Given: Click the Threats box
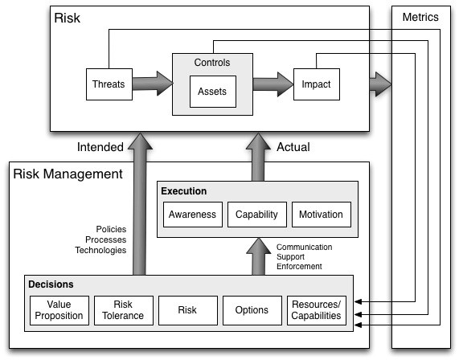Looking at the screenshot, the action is pos(109,84).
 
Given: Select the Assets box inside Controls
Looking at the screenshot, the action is pos(213,92).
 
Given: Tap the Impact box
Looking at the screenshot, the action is pos(317,84).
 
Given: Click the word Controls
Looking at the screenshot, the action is pos(212,63).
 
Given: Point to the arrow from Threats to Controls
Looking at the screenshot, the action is pos(153,84).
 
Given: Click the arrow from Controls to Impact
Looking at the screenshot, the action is pos(273,84).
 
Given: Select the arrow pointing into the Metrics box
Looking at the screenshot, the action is pos(380,84).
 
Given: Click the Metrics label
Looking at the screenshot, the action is pos(420,17).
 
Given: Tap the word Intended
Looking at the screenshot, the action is pos(100,147).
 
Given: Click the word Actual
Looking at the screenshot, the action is pos(293,147).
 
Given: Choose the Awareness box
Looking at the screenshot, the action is pos(193,215).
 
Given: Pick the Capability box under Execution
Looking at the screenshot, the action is pos(257,215).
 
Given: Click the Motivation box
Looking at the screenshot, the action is pos(322,215).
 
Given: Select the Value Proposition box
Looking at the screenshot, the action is pos(59,310).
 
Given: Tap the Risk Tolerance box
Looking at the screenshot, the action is pos(124,310).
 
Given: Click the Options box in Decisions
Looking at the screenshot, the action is pos(252,310).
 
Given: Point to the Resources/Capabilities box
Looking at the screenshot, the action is pos(317,310).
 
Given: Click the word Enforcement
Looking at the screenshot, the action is pos(299,266).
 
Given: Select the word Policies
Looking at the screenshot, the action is pos(111,229).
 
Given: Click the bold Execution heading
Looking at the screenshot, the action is pos(184,191).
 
